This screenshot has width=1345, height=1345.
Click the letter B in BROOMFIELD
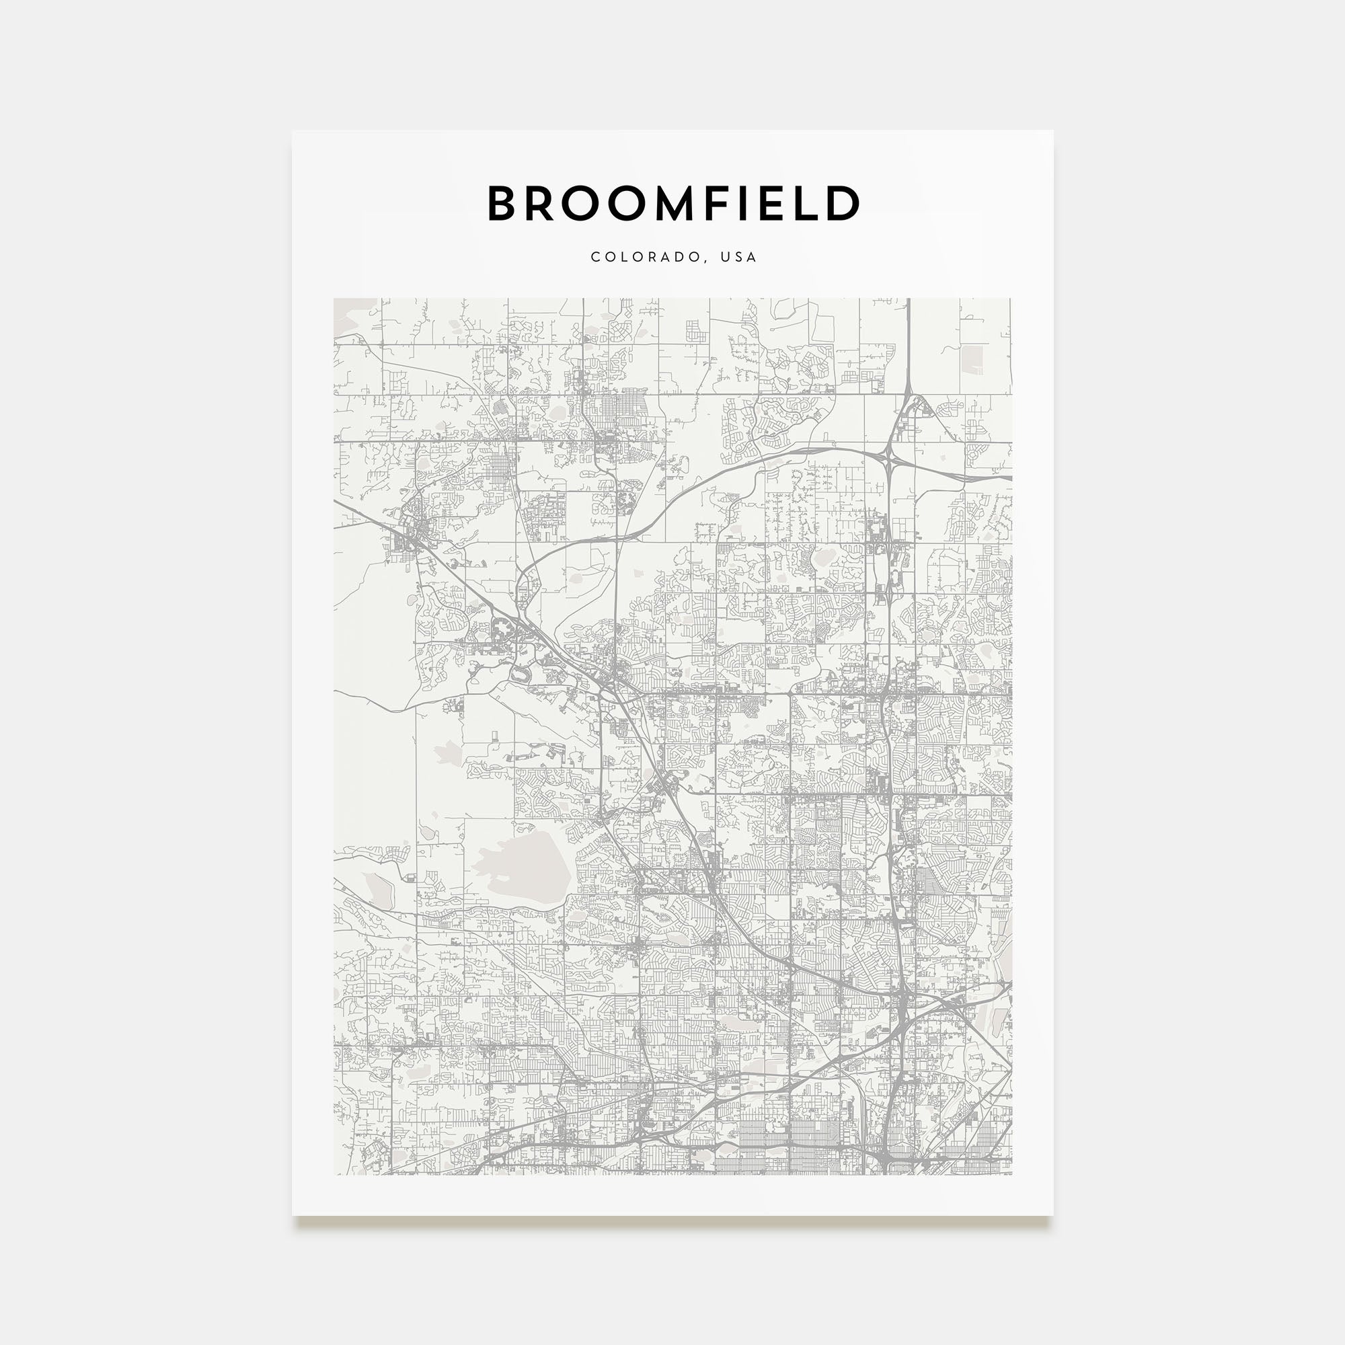click(x=502, y=203)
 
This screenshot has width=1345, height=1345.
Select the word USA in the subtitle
click(x=738, y=257)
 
